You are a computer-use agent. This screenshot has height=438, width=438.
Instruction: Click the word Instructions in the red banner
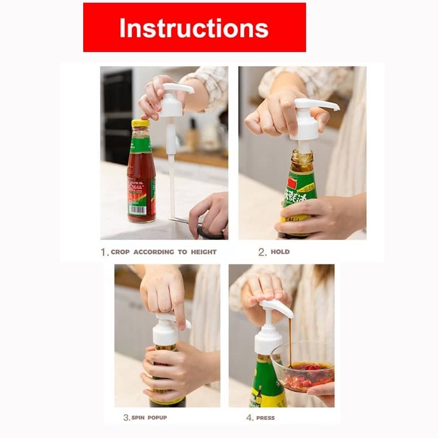click(194, 28)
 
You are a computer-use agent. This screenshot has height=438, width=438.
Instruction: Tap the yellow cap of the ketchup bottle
click(140, 123)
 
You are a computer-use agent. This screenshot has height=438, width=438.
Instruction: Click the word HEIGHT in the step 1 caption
click(204, 252)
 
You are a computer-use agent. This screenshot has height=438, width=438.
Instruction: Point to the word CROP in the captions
click(122, 252)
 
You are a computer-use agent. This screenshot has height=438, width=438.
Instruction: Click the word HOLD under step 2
click(280, 252)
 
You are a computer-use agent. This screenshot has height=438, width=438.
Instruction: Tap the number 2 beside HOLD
click(262, 252)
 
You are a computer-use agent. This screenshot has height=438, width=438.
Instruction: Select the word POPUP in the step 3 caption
click(157, 418)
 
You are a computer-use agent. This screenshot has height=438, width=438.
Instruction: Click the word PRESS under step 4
click(266, 418)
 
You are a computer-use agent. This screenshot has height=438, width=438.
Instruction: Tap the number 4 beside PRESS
click(249, 418)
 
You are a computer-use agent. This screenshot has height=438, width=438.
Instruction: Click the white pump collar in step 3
click(165, 333)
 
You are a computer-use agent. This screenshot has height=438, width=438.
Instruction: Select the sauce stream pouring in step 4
click(290, 339)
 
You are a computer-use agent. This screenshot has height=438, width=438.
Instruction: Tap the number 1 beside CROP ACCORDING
click(103, 252)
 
